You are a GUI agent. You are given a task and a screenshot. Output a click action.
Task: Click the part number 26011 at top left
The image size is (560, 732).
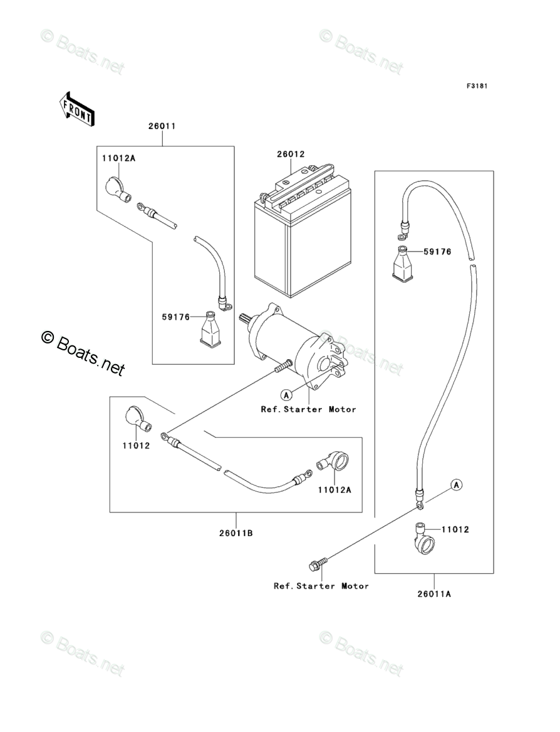162,126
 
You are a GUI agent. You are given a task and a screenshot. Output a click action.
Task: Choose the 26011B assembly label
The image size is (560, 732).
236,533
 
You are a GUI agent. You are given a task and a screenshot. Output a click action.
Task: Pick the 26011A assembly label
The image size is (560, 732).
433,594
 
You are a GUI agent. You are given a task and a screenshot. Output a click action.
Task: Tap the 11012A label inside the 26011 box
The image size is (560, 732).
119,159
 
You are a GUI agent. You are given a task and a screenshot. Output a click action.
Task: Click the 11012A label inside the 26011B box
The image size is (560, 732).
334,490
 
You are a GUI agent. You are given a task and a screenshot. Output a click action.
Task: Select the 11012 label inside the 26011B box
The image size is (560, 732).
137,447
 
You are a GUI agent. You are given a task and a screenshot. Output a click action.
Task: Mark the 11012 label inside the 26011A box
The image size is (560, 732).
455,529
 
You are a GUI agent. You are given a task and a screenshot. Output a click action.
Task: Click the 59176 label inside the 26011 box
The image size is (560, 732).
175,317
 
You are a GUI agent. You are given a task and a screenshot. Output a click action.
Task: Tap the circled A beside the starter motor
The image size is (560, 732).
286,394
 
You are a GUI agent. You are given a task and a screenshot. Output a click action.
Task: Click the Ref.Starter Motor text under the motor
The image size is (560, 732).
308,409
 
